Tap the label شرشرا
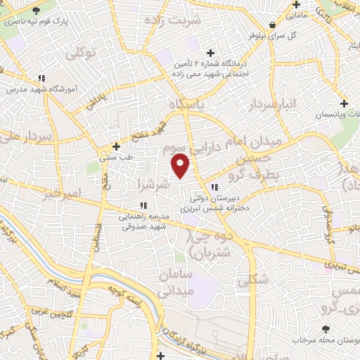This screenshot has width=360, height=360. point(154,185)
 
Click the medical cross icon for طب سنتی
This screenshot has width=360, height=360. point(117,147)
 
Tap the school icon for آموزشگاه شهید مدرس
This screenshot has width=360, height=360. point(42,78)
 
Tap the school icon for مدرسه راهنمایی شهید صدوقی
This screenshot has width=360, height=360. point(143,205)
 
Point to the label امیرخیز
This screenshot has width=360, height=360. point(62,193)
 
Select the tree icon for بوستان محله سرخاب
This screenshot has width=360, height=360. point(325,328)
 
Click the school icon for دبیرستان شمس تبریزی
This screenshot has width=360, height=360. point(214,187)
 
